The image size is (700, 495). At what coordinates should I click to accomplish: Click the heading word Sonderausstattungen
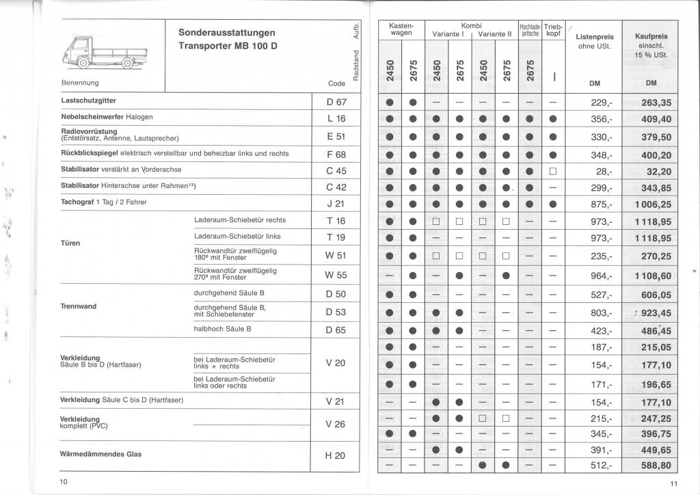pyautogui.click(x=227, y=32)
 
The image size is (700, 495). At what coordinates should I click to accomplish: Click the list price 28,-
pyautogui.click(x=604, y=170)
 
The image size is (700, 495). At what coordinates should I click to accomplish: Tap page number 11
pyautogui.click(x=673, y=485)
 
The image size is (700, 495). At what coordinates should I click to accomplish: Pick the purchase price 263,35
pyautogui.click(x=654, y=103)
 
